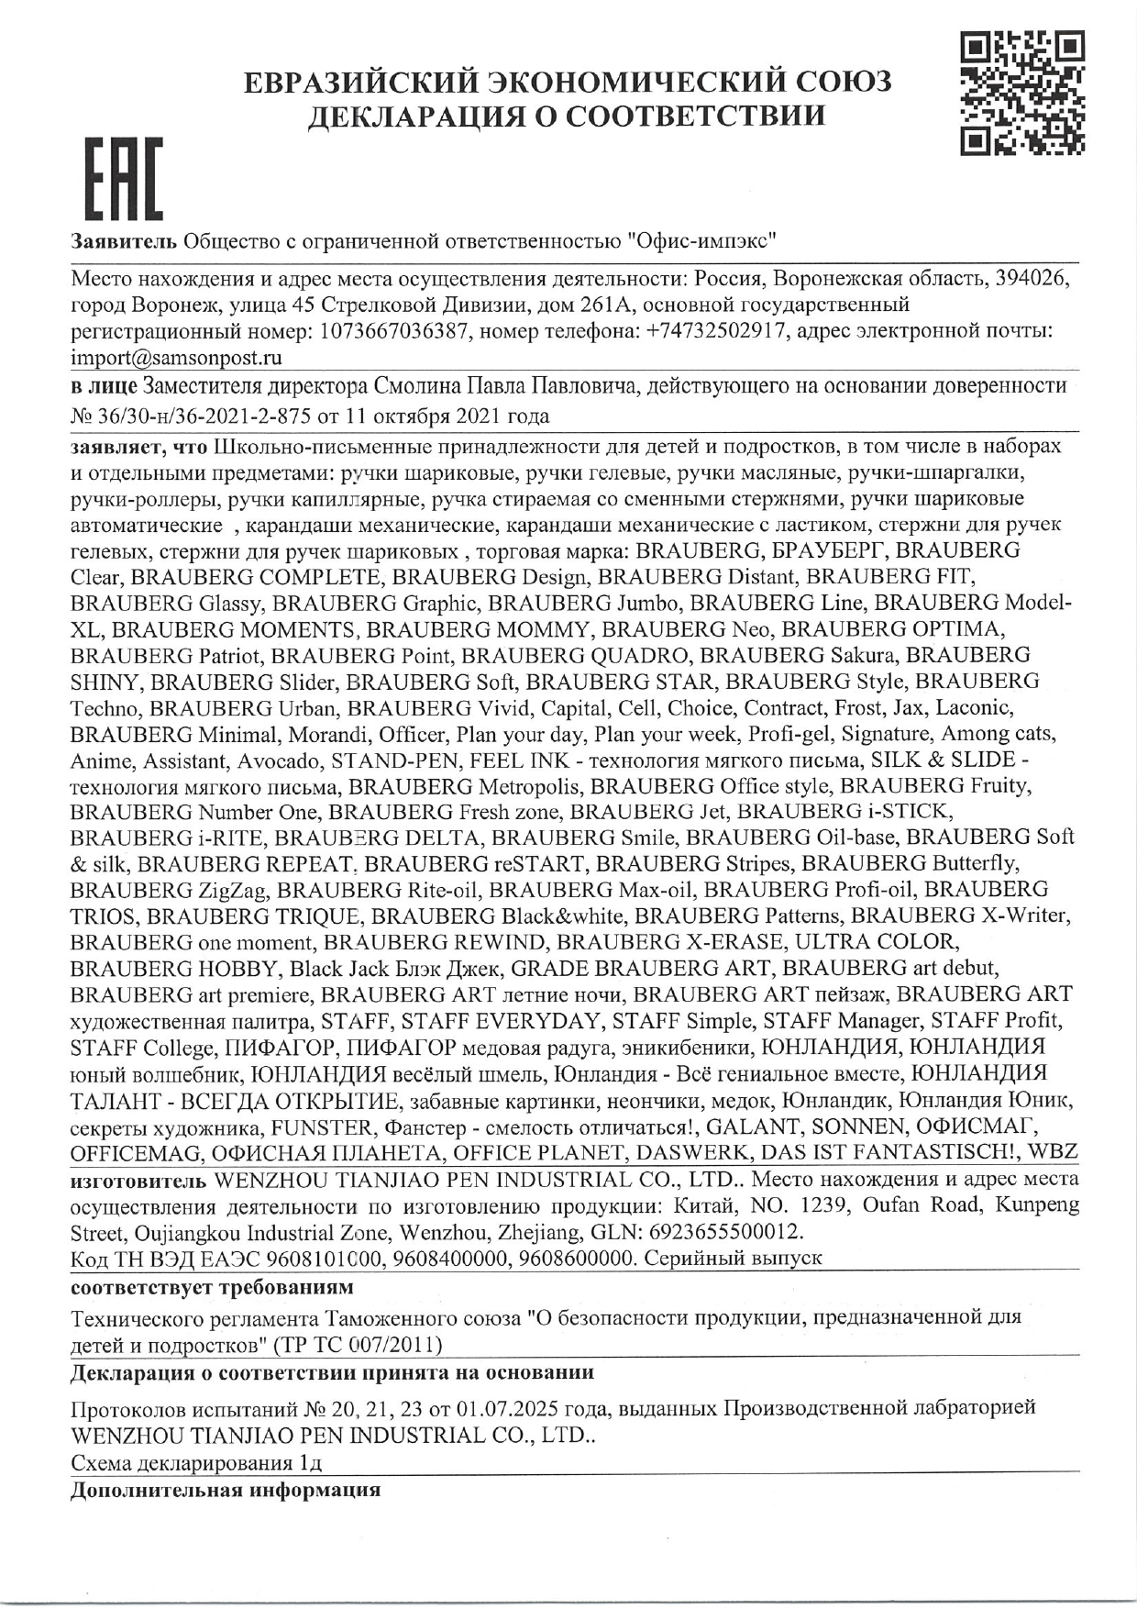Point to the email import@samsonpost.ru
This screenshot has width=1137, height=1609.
pos(176,356)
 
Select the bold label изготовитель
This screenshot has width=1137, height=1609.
pos(138,1179)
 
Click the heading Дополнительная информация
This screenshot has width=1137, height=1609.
pos(226,1489)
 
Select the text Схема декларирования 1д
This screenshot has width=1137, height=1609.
pos(196,1461)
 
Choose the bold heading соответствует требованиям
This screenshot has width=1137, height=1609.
pos(212,1287)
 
